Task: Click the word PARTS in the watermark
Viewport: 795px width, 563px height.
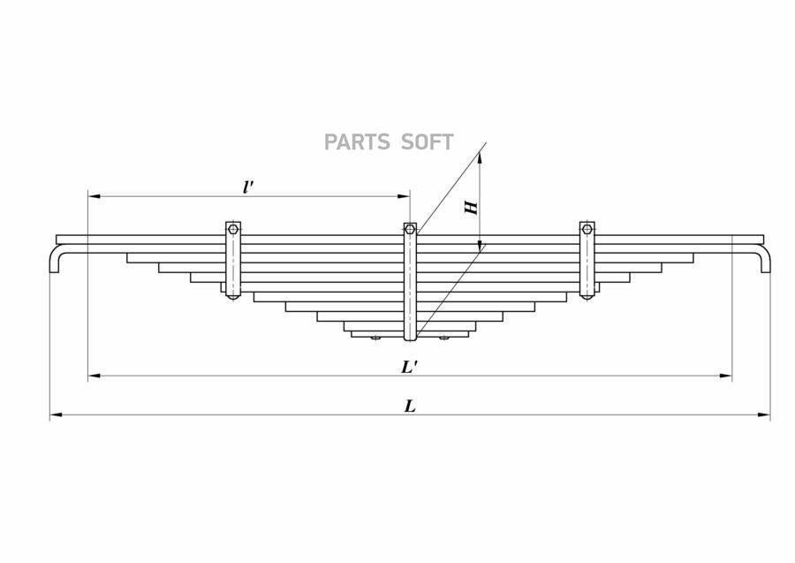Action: [357, 142]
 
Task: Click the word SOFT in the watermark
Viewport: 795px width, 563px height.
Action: [427, 142]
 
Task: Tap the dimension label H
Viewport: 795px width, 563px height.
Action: [472, 207]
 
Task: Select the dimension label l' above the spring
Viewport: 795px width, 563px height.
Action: [248, 186]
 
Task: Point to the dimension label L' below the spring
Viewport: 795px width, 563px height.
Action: [409, 367]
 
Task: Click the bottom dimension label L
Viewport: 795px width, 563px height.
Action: [410, 406]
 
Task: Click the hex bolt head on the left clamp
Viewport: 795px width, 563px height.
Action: [232, 228]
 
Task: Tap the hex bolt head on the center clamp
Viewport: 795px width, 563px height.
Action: [410, 229]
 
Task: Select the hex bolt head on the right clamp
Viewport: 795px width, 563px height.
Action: [587, 228]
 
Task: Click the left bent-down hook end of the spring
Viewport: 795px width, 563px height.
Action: [55, 259]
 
